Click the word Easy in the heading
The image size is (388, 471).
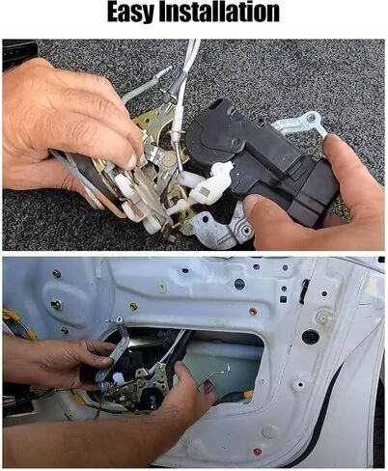tap(131, 13)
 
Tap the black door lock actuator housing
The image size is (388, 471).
tap(261, 157)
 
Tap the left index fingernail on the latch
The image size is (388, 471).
tap(132, 161)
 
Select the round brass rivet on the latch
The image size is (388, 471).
tap(169, 158)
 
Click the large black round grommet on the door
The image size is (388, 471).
tap(311, 336)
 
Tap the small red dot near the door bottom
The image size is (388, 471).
tap(258, 452)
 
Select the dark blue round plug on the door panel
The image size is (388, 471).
tap(239, 284)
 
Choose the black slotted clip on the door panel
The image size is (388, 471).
tap(304, 292)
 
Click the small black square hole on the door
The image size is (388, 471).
tap(283, 299)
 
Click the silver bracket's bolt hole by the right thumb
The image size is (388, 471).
tap(311, 119)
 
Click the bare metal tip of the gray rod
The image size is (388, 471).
tap(167, 69)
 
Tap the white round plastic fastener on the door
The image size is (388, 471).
tap(323, 318)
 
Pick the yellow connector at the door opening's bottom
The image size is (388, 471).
tap(248, 394)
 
